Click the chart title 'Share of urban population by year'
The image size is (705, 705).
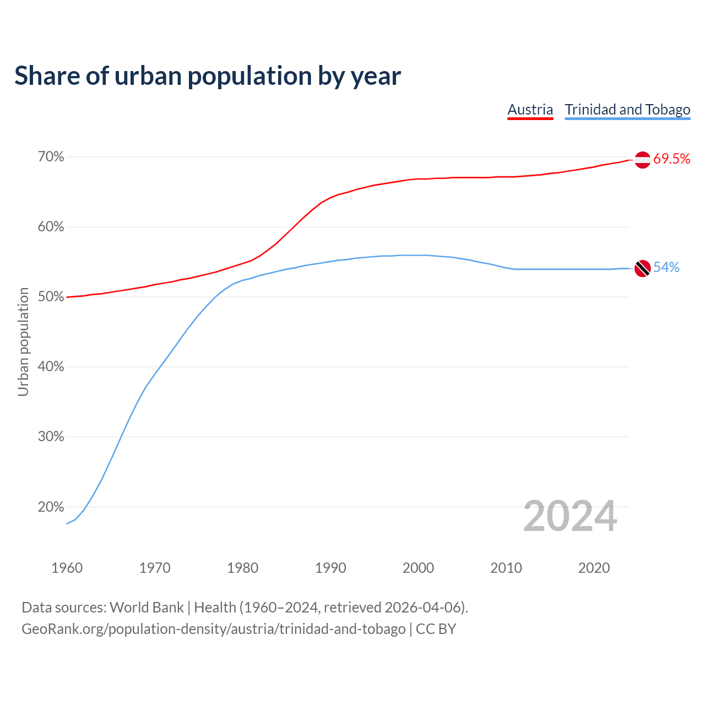tap(208, 76)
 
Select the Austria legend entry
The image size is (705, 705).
tap(530, 110)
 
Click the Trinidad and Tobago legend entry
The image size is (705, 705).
tap(627, 110)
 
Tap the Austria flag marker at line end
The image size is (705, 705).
tap(642, 160)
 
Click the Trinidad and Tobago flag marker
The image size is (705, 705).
tap(642, 268)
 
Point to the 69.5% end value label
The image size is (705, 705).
tap(671, 159)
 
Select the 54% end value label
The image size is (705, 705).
tap(666, 268)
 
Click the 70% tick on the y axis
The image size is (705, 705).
tap(51, 157)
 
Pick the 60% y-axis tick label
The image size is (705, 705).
tap(51, 227)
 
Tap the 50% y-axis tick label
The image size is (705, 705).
tap(51, 297)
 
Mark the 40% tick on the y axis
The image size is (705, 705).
tap(51, 367)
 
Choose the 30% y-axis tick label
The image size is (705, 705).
tap(51, 437)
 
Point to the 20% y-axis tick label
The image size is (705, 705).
tap(51, 507)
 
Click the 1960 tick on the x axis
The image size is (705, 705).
tap(67, 568)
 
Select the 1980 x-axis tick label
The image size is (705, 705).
tap(243, 568)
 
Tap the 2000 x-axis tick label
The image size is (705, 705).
tap(419, 568)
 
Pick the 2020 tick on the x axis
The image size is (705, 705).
tap(594, 568)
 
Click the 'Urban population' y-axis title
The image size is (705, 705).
tap(23, 341)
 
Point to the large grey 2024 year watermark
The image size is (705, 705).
tap(570, 516)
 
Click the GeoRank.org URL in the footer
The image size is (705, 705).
tap(214, 629)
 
